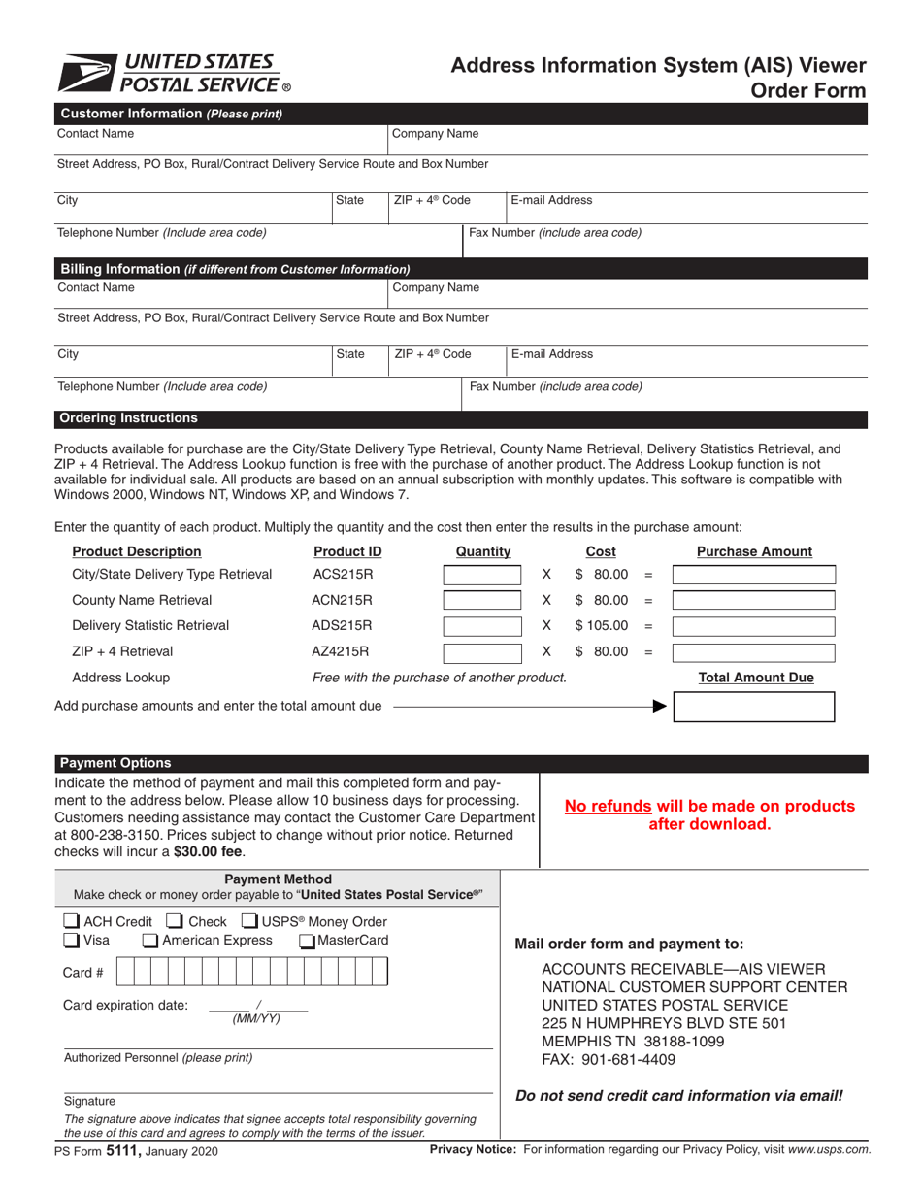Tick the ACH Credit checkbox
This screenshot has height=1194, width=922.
tap(72, 921)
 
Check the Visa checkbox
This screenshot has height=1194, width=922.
tap(72, 940)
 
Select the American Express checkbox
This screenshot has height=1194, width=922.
tap(150, 940)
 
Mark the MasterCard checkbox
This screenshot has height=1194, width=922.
tap(307, 940)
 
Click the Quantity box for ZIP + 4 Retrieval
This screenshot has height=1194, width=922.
tap(482, 651)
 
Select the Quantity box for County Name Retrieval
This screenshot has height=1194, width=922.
tap(482, 600)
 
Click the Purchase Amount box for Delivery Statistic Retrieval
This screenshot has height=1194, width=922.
tap(753, 626)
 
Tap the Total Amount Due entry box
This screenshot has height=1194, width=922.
tap(753, 707)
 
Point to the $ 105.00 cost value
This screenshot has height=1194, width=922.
tap(602, 626)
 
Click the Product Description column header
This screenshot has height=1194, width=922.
tap(137, 551)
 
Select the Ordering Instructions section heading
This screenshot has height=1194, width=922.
tap(129, 418)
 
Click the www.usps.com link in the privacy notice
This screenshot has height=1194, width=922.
tap(831, 1150)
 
